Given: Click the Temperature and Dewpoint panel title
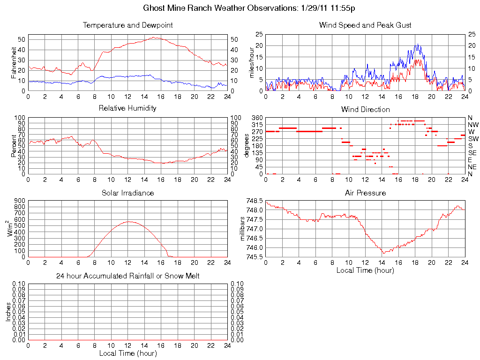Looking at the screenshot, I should tap(127, 25).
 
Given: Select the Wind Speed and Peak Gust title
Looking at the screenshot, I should tap(365, 25).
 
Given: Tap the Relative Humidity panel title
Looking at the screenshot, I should tap(127, 108).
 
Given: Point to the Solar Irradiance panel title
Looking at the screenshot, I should tap(127, 193).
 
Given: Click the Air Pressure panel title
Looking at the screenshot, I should tap(365, 193).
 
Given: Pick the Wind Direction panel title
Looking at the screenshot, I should tap(365, 110).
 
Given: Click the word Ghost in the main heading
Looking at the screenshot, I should tap(154, 8).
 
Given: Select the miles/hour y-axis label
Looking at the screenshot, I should tap(252, 63).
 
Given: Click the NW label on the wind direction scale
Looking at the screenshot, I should tap(472, 125).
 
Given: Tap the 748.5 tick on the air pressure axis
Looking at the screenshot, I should tap(255, 201).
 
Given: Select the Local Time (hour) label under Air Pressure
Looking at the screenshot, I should tap(365, 270).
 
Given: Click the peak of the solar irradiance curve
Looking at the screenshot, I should tap(129, 222).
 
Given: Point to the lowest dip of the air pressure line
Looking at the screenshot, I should tap(383, 253).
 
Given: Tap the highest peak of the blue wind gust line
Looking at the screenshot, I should tap(417, 45).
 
